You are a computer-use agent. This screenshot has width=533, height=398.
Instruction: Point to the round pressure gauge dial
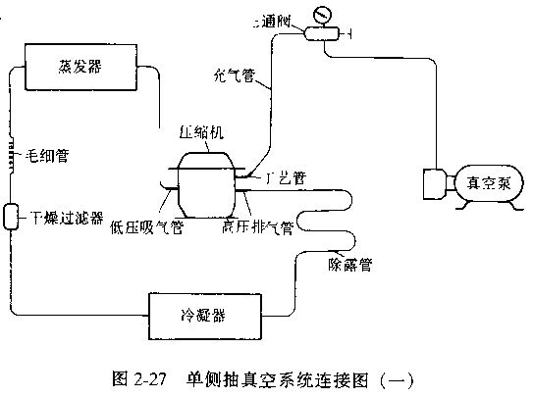(x=319, y=15)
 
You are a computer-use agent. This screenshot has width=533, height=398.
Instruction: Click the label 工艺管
(x=285, y=178)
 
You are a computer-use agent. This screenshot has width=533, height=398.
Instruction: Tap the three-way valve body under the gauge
(x=319, y=34)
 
